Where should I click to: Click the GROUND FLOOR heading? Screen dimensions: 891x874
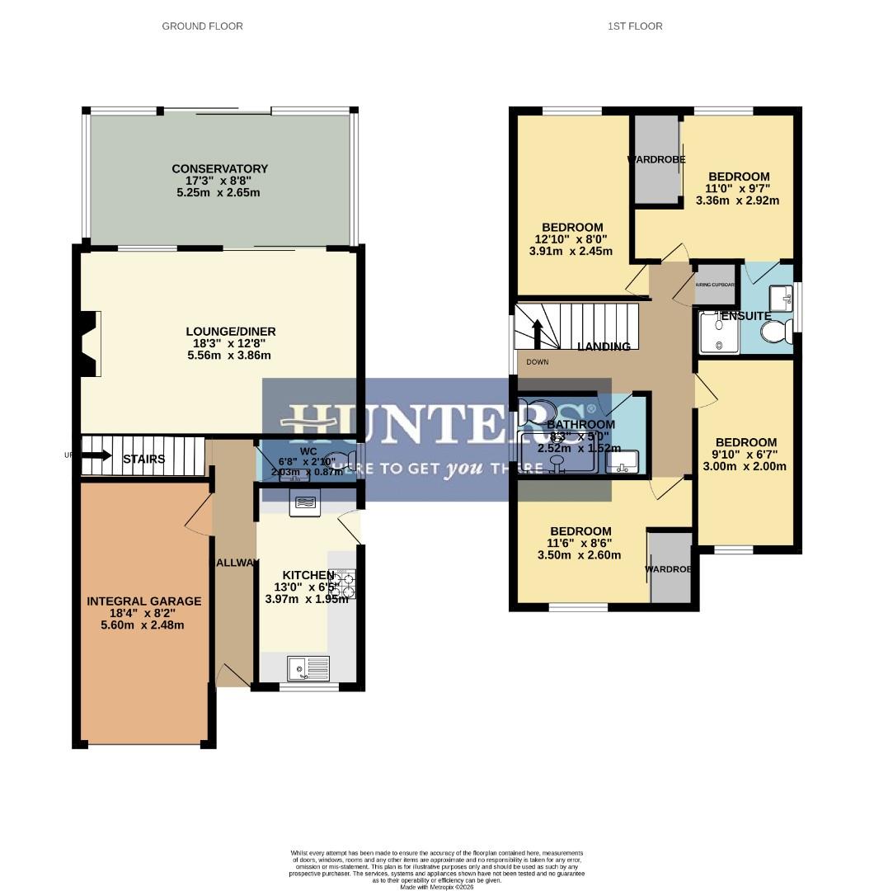click(202, 26)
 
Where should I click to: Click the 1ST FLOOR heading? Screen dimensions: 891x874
click(635, 26)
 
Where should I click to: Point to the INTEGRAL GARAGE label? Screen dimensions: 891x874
click(143, 601)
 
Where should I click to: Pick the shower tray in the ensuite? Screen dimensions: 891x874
click(719, 333)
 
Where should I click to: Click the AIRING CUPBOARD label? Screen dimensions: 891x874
click(714, 285)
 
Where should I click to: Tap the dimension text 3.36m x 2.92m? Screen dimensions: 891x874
click(738, 200)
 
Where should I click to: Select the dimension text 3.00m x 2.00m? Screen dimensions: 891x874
click(745, 466)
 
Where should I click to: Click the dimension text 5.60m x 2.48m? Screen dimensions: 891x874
click(143, 625)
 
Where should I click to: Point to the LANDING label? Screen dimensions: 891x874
click(604, 346)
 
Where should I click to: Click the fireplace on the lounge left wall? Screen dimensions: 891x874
click(89, 344)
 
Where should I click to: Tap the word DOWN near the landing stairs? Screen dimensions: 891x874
click(538, 362)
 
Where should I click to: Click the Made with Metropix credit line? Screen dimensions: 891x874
click(437, 887)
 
